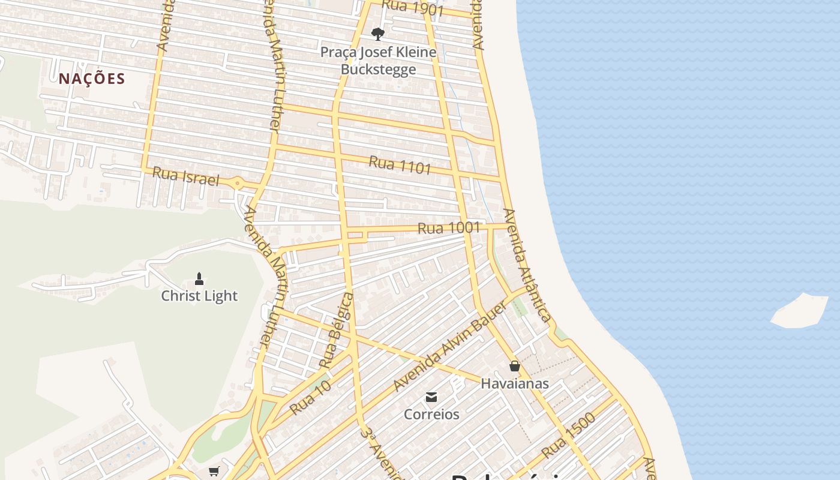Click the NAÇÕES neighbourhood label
[92, 79]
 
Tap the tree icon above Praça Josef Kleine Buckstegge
[377, 34]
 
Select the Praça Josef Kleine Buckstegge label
[378, 61]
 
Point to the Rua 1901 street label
[412, 8]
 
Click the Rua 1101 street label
[400, 164]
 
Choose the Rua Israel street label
[185, 176]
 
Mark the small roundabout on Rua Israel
[238, 183]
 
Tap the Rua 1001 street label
[449, 228]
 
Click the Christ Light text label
[199, 296]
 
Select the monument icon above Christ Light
[199, 279]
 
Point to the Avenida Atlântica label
[527, 265]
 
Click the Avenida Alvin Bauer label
[450, 347]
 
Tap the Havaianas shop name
[515, 383]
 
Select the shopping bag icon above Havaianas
[515, 366]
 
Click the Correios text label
[431, 414]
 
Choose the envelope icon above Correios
[431, 397]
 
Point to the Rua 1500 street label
[568, 435]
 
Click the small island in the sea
[799, 311]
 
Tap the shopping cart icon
[214, 472]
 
